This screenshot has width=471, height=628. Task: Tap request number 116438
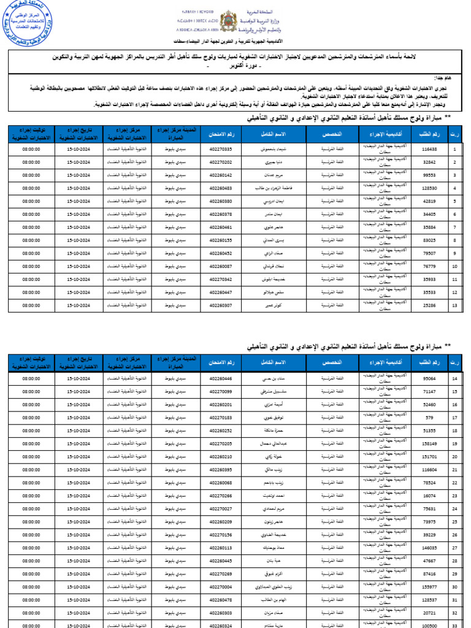tap(429, 149)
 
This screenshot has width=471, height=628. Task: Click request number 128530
tap(429, 188)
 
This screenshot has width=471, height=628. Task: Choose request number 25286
tap(429, 305)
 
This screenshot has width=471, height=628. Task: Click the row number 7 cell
tap(454, 227)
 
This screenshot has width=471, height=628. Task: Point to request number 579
tap(429, 418)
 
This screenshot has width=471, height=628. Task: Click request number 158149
tap(429, 443)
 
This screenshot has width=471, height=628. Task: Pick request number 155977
tap(429, 587)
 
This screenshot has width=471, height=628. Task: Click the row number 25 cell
tap(454, 522)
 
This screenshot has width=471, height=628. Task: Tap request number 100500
tap(429, 625)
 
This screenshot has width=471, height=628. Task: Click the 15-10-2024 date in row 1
tap(78, 149)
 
